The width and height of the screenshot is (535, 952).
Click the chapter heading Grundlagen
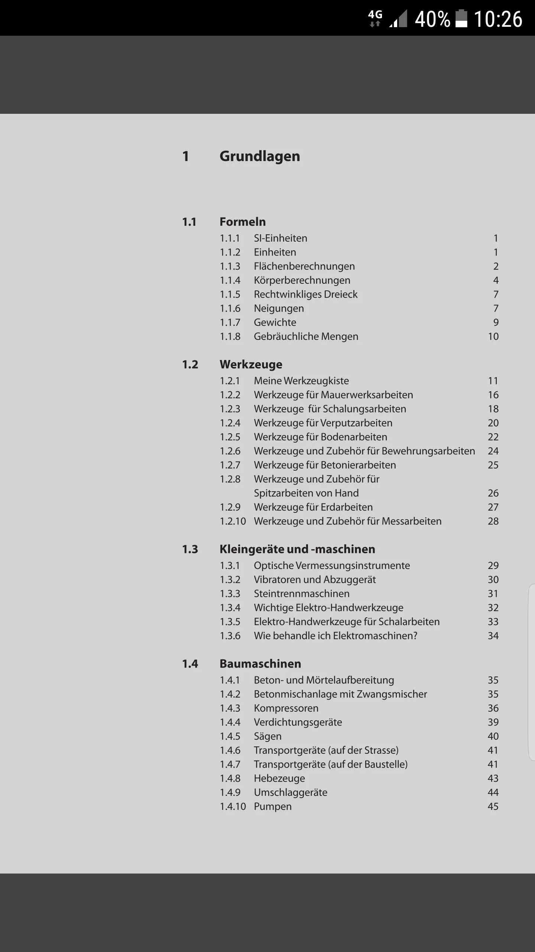[260, 156]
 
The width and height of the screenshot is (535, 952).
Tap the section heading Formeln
[243, 222]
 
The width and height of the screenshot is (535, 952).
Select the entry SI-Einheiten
[281, 238]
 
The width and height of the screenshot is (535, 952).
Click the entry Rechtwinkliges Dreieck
[305, 294]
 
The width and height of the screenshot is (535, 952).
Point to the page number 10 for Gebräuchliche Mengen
[493, 337]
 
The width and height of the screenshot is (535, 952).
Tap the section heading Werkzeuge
[251, 364]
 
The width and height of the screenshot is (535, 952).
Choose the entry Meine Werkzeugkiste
[301, 381]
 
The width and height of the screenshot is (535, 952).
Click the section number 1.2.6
[230, 451]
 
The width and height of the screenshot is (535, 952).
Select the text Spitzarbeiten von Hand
[306, 493]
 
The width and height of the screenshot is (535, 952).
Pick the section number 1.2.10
[233, 521]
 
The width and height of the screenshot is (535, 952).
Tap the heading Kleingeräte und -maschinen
[297, 549]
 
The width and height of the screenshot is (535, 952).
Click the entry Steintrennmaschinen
[302, 594]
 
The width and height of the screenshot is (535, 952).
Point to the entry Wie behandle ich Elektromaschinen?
[335, 636]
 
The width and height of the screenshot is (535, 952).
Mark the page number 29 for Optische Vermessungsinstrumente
[493, 566]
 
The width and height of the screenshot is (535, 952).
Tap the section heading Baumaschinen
[260, 664]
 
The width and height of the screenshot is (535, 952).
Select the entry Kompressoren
[286, 708]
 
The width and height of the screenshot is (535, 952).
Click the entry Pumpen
[273, 807]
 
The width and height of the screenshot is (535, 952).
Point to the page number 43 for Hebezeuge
[493, 778]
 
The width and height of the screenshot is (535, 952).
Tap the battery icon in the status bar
[461, 19]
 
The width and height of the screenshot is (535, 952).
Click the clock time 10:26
[498, 19]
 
